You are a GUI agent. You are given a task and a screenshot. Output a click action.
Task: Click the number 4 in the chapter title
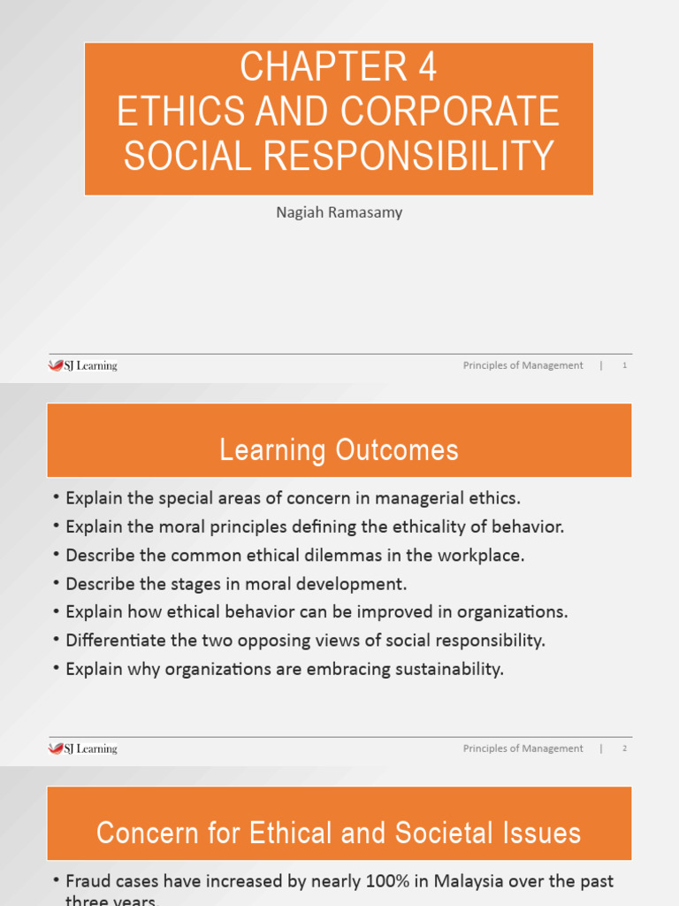point(424,68)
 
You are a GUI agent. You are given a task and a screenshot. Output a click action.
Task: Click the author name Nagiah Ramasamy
point(339,212)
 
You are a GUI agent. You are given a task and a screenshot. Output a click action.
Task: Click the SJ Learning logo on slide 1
point(82,365)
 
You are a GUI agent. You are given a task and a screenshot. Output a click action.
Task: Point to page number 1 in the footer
point(624,365)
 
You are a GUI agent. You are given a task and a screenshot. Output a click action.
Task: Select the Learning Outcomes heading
point(339,450)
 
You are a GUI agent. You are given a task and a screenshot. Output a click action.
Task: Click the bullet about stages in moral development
point(236,583)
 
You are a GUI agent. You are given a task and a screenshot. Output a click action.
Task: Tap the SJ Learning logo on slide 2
point(82,749)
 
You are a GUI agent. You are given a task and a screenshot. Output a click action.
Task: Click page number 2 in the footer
point(624,749)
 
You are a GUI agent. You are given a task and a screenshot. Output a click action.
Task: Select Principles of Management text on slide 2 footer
point(523,749)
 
